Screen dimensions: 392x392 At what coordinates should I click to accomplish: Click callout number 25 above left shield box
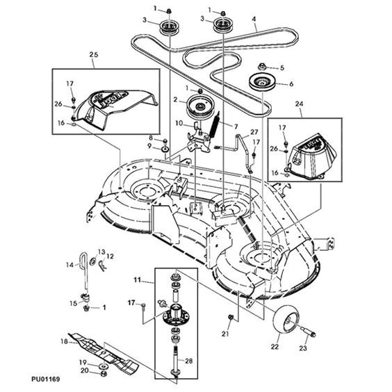(94, 54)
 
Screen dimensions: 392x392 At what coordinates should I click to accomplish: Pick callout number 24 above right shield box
(300, 106)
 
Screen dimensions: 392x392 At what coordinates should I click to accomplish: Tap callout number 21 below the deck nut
(224, 334)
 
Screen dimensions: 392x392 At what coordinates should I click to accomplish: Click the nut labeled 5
(263, 67)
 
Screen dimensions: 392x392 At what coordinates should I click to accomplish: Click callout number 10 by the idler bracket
(178, 124)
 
